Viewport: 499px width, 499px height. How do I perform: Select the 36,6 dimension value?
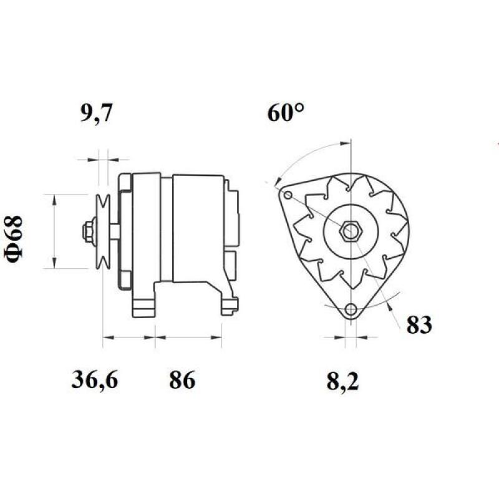point(94,379)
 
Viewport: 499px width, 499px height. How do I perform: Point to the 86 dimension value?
point(182,379)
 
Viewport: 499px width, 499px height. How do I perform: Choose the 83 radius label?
point(419,325)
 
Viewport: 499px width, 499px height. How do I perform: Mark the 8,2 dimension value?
point(343,379)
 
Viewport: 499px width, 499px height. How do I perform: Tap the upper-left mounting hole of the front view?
point(288,196)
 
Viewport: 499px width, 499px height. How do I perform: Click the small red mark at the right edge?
point(497,145)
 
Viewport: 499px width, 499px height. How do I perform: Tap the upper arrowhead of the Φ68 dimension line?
point(54,199)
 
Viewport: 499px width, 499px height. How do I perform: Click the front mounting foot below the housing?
point(143,306)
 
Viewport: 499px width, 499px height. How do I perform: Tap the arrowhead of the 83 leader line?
point(390,304)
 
